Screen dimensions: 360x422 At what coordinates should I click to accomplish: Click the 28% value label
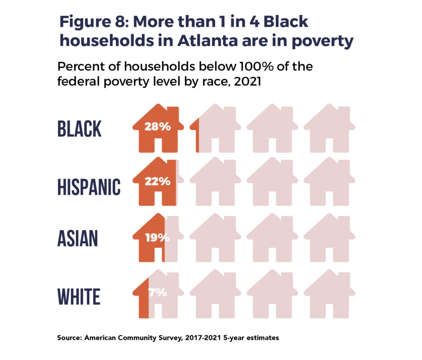pos(157,127)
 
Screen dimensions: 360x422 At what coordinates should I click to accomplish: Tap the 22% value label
pos(157,181)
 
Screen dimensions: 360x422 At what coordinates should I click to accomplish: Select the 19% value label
pos(157,238)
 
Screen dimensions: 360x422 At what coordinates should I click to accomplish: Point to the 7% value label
pos(157,293)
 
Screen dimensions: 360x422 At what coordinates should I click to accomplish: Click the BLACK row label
pos(79,129)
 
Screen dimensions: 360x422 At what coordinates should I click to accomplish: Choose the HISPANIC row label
pos(89,187)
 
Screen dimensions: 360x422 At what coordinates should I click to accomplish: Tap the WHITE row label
pos(78,296)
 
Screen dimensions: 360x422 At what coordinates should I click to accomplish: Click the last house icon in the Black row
pos(329,129)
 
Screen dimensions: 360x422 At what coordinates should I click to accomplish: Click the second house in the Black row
pos(215,129)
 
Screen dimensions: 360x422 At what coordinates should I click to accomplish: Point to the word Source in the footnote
pos(69,338)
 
